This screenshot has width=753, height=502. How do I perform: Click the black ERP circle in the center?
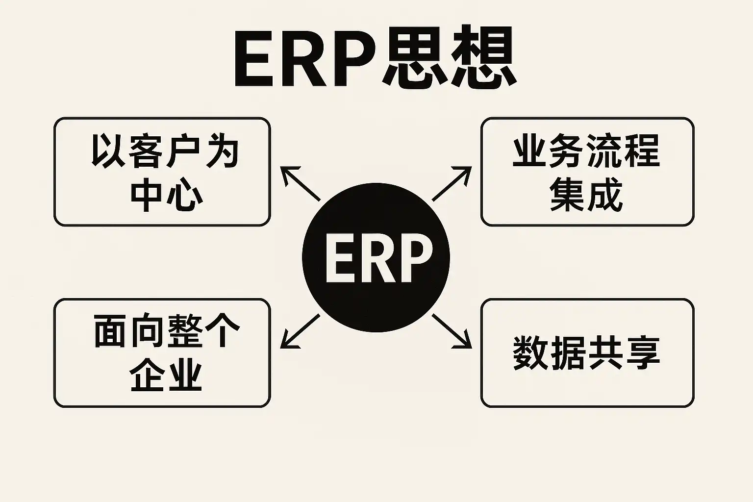(x=376, y=258)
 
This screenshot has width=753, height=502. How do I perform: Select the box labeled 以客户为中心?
(x=162, y=172)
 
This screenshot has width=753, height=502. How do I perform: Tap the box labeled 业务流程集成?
(x=587, y=172)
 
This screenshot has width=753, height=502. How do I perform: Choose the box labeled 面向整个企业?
(x=162, y=353)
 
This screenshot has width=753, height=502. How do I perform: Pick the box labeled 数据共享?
(x=587, y=353)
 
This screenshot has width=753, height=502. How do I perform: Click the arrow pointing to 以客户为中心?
(x=300, y=184)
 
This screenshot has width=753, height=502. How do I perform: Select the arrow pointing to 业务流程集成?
(x=452, y=184)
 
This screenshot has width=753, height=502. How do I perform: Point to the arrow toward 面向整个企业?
(x=300, y=331)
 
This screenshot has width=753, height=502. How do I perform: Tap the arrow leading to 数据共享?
(x=452, y=331)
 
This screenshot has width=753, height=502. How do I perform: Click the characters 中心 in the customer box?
(x=167, y=194)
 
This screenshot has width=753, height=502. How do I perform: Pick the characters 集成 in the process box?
(x=586, y=194)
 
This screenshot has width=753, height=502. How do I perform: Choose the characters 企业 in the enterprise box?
(x=167, y=375)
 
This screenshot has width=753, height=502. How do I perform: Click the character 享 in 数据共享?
(x=643, y=353)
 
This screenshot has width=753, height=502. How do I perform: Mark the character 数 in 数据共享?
(x=530, y=353)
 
